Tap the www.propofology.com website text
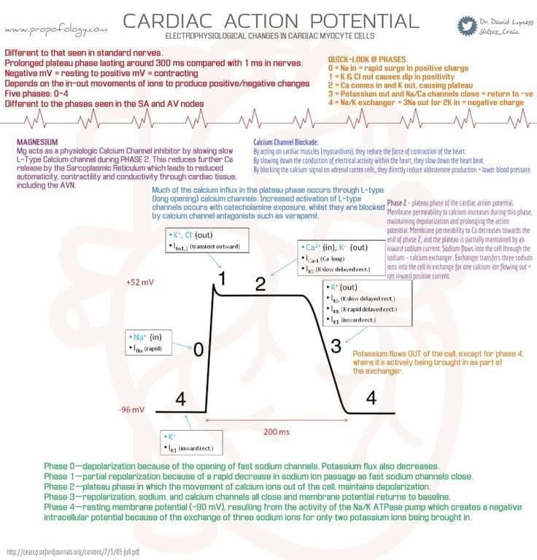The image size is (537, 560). pyautogui.click(x=55, y=29)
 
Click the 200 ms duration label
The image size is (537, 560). pyautogui.click(x=276, y=431)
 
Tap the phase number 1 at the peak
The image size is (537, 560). pyautogui.click(x=223, y=278)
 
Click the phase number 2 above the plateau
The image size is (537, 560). pyautogui.click(x=260, y=284)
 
